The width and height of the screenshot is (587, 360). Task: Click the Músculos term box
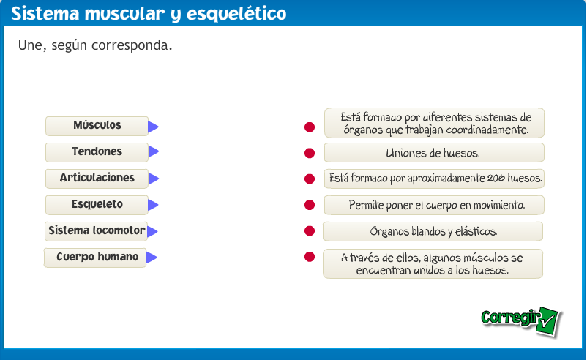pyautogui.click(x=97, y=126)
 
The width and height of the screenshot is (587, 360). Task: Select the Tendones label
pyautogui.click(x=97, y=152)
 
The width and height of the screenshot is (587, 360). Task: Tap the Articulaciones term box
pyautogui.click(x=97, y=178)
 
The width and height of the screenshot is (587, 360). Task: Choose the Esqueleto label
pyautogui.click(x=97, y=205)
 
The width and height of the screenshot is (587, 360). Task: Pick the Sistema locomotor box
pyautogui.click(x=96, y=231)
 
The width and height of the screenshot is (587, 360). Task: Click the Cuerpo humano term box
pyautogui.click(x=95, y=258)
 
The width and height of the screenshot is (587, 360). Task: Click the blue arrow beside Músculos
pyautogui.click(x=153, y=127)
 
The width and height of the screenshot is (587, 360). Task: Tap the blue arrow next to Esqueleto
pyautogui.click(x=153, y=205)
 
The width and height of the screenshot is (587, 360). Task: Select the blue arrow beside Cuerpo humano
pyautogui.click(x=152, y=258)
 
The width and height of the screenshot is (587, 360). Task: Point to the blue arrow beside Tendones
pyautogui.click(x=154, y=151)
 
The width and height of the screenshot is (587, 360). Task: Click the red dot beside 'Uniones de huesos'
pyautogui.click(x=310, y=153)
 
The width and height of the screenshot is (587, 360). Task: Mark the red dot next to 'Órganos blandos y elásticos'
pyautogui.click(x=310, y=231)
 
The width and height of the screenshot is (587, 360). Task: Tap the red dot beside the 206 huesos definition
pyautogui.click(x=310, y=179)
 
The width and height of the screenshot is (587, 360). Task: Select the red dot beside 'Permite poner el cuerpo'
pyautogui.click(x=310, y=205)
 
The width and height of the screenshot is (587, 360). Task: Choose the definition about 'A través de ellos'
pyautogui.click(x=433, y=263)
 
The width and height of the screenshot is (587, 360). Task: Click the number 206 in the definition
pyautogui.click(x=496, y=178)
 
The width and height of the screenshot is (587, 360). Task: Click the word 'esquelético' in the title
pyautogui.click(x=236, y=14)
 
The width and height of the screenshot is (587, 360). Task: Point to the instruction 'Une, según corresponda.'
pyautogui.click(x=95, y=45)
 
